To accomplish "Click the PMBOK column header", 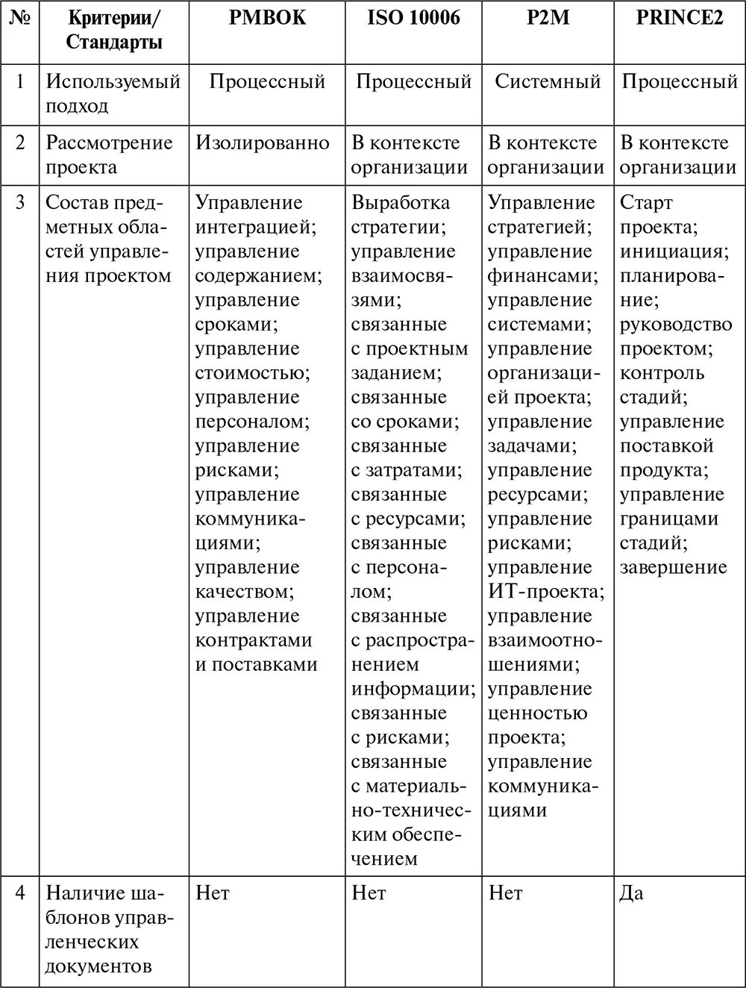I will [x=267, y=18].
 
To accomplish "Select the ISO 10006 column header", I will [x=413, y=18].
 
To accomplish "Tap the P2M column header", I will [x=548, y=18].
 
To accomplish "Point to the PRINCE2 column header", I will [x=680, y=18].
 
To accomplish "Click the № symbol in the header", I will [x=19, y=18].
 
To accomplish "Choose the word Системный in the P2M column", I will [x=548, y=81].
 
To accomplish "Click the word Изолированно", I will [x=263, y=143].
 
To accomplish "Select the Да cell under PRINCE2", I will [x=631, y=893].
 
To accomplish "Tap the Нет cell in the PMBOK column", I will [x=213, y=893].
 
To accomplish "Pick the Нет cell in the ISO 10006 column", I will [x=369, y=893].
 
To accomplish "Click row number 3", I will [x=20, y=203].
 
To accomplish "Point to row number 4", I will [x=20, y=893].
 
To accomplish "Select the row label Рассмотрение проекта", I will [x=109, y=154].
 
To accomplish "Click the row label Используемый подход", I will [x=113, y=93].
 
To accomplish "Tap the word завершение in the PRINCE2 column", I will [x=673, y=567].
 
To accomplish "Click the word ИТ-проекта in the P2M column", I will [x=545, y=592].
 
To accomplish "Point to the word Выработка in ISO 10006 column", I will [x=401, y=203].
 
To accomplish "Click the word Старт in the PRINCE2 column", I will [x=646, y=203].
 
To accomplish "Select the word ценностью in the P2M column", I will [x=537, y=713].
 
